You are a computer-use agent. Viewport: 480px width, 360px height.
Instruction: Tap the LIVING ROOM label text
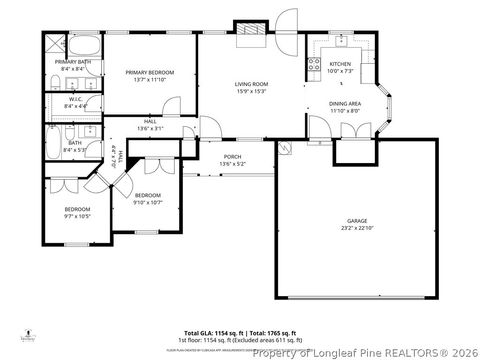(251, 84)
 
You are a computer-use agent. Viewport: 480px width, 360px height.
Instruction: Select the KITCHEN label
(341, 64)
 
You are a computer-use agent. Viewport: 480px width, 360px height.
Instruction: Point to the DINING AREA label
(345, 104)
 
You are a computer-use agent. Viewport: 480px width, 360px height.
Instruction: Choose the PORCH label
(232, 157)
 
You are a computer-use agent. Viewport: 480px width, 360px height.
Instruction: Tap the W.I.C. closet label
(75, 100)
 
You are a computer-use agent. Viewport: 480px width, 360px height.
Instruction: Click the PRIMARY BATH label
(72, 62)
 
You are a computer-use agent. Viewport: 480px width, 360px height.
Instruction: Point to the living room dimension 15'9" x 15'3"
(251, 91)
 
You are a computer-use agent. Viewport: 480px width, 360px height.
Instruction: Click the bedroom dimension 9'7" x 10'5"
(78, 216)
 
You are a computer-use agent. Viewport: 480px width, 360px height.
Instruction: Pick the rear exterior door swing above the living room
(286, 23)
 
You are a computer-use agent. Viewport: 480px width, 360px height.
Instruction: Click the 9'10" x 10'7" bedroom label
(148, 196)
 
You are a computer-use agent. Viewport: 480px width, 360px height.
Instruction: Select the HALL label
(150, 122)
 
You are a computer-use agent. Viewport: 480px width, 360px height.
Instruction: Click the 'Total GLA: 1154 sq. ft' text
(213, 332)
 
